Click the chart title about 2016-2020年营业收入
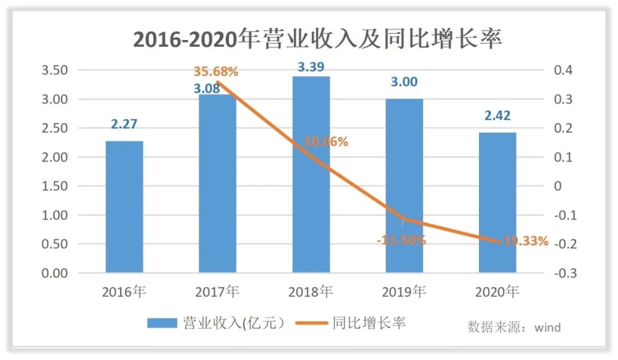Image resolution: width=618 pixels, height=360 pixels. [x=318, y=39]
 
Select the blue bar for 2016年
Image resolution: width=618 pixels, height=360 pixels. [x=124, y=207]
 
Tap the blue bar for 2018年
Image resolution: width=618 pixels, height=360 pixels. [x=311, y=175]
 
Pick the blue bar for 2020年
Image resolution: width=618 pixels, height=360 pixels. [x=497, y=203]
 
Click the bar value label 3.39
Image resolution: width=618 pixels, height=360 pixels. [x=311, y=67]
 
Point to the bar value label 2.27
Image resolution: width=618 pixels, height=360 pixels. [x=124, y=124]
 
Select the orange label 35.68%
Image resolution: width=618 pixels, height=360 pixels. [x=216, y=72]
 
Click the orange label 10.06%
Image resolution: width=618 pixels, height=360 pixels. [x=326, y=142]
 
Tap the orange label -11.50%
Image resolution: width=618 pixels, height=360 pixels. [x=401, y=240]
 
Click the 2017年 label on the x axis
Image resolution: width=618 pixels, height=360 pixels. [x=217, y=292]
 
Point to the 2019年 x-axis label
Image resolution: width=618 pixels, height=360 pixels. [x=404, y=292]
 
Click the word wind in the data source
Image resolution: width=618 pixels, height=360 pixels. [x=548, y=327]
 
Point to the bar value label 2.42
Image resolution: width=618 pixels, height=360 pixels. [x=497, y=116]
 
